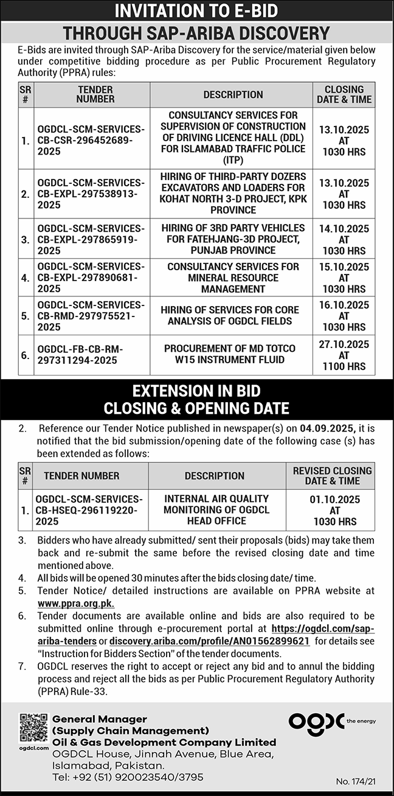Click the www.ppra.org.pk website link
75,604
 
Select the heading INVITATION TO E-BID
197,12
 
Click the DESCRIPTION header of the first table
233,94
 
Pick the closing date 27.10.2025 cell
344,355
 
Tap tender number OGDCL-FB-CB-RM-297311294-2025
80,354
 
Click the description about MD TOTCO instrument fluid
229,354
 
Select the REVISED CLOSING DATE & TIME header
332,476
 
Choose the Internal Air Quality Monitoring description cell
216,509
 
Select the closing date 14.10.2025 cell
344,240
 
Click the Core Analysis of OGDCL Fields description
230,315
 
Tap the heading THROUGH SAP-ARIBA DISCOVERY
197,33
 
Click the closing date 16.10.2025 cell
344,316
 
